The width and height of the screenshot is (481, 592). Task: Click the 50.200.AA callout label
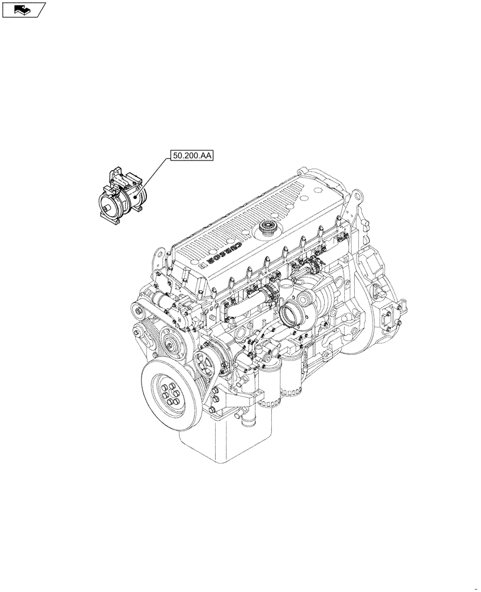pos(193,156)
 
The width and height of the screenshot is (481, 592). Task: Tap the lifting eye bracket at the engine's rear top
pos(355,201)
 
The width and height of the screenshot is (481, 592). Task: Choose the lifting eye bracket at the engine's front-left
pos(158,261)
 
